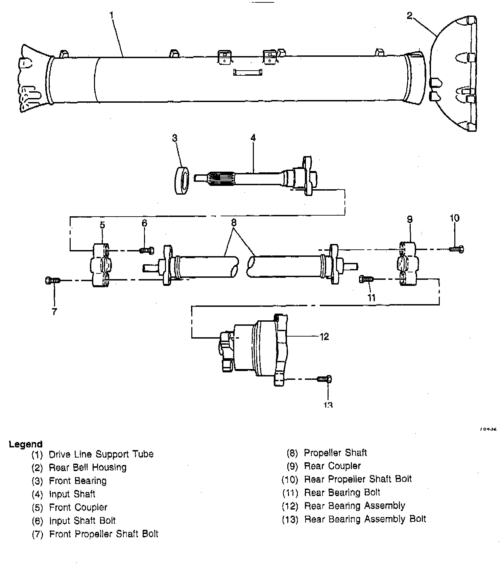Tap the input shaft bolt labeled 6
click(146, 250)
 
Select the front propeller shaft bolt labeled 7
click(52, 280)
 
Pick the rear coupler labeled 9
click(408, 264)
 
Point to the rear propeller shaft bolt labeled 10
click(457, 249)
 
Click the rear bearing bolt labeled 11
click(366, 279)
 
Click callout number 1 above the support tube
click(112, 15)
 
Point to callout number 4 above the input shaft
click(253, 138)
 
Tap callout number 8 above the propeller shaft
click(234, 223)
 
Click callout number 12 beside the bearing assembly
click(324, 337)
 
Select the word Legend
click(26, 444)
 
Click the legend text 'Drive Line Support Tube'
click(101, 454)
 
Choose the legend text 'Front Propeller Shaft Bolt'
click(103, 534)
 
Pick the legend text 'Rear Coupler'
click(332, 466)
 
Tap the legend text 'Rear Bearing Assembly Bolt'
click(365, 519)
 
